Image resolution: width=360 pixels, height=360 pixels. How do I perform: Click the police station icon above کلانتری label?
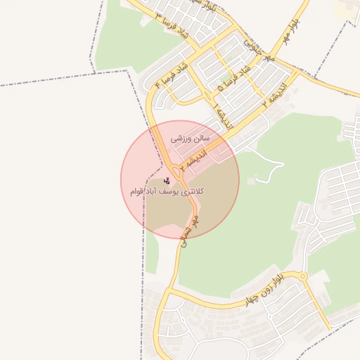coord(166,180)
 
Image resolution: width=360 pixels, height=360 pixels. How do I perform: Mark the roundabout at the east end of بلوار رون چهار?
coord(303,277)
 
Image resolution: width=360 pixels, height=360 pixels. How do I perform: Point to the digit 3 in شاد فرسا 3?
coord(159,15)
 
